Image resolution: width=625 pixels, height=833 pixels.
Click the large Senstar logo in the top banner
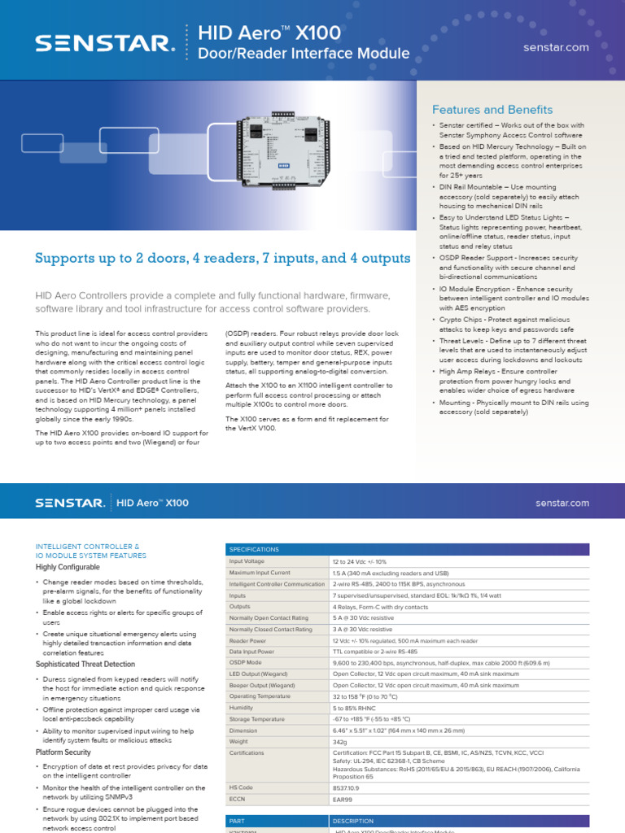pyautogui.click(x=104, y=42)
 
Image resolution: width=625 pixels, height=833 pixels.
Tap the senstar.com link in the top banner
pyautogui.click(x=556, y=47)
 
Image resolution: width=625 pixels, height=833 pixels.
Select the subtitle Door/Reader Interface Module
pyautogui.click(x=299, y=55)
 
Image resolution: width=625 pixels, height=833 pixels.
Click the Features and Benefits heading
pyautogui.click(x=492, y=110)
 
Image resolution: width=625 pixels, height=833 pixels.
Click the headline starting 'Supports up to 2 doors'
pyautogui.click(x=222, y=259)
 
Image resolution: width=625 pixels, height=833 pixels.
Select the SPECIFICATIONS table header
pyautogui.click(x=256, y=549)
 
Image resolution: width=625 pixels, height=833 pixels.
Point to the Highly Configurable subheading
pyautogui.click(x=68, y=566)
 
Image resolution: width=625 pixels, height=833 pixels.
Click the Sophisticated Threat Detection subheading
pyautogui.click(x=85, y=665)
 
